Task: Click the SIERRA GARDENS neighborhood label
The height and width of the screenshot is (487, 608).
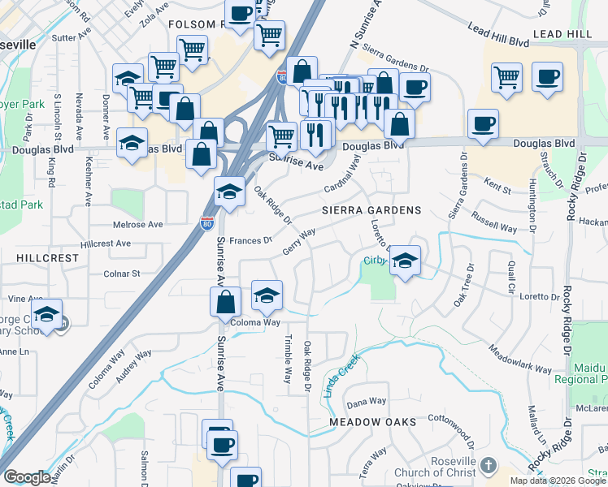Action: click(371, 210)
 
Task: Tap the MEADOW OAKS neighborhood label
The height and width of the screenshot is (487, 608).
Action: click(373, 422)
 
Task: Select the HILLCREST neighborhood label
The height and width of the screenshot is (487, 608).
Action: click(47, 257)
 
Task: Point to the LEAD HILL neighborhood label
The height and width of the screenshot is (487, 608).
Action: click(563, 34)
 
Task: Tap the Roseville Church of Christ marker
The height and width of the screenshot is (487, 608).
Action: click(488, 466)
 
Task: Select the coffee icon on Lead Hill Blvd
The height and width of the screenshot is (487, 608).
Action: click(547, 77)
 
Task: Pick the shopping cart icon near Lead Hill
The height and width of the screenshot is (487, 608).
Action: click(506, 77)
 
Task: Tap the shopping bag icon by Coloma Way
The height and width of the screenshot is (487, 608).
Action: click(226, 301)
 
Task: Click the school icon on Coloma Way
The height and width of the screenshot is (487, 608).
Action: click(267, 296)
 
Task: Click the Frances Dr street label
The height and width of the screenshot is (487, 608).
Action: click(250, 240)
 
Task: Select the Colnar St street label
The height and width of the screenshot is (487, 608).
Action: click(124, 274)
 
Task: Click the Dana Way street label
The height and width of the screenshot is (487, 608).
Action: click(366, 402)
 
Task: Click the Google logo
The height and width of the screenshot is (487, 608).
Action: click(27, 477)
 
